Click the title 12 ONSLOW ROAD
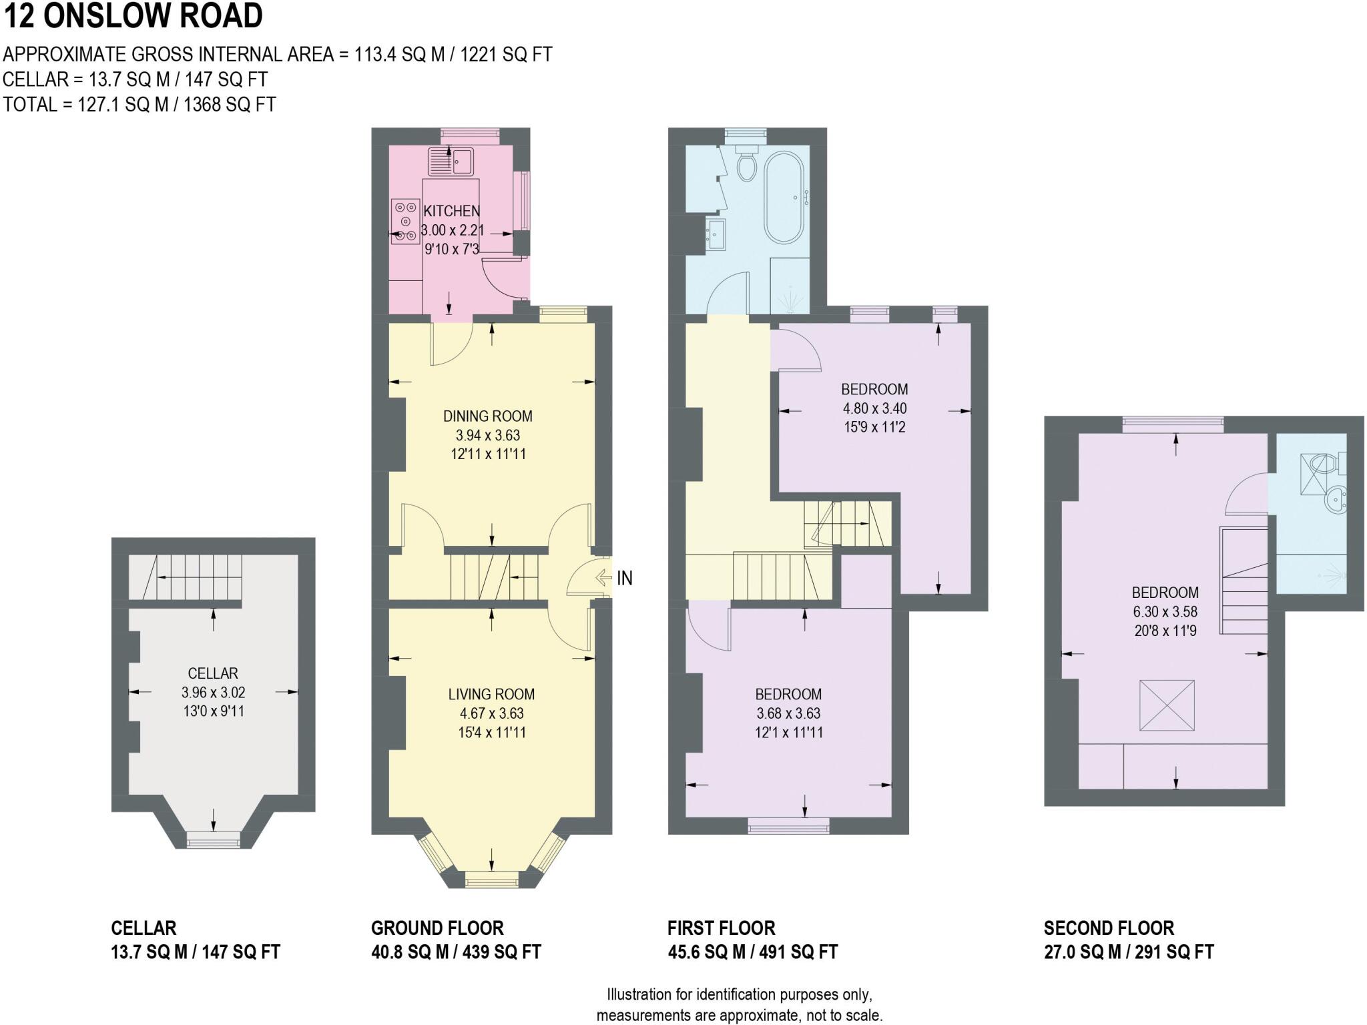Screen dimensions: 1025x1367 133,16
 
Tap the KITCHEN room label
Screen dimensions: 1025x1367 452,211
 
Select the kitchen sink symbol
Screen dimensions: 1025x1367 451,161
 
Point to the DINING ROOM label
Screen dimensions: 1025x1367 488,416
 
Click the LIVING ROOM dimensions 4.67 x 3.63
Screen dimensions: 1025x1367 491,713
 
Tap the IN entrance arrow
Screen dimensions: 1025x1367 604,577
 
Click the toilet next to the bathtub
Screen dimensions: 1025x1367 746,163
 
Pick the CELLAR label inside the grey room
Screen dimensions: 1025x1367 213,673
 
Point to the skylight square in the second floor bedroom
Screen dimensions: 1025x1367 1167,705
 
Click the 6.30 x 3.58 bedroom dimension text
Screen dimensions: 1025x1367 1165,611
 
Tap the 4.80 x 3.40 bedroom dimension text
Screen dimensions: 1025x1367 874,408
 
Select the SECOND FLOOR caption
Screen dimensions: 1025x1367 1109,928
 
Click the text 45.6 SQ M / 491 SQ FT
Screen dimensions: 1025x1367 752,952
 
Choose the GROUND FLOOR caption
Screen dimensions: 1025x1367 437,928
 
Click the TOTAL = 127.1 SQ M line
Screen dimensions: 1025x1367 140,105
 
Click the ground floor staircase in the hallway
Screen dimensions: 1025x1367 495,578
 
